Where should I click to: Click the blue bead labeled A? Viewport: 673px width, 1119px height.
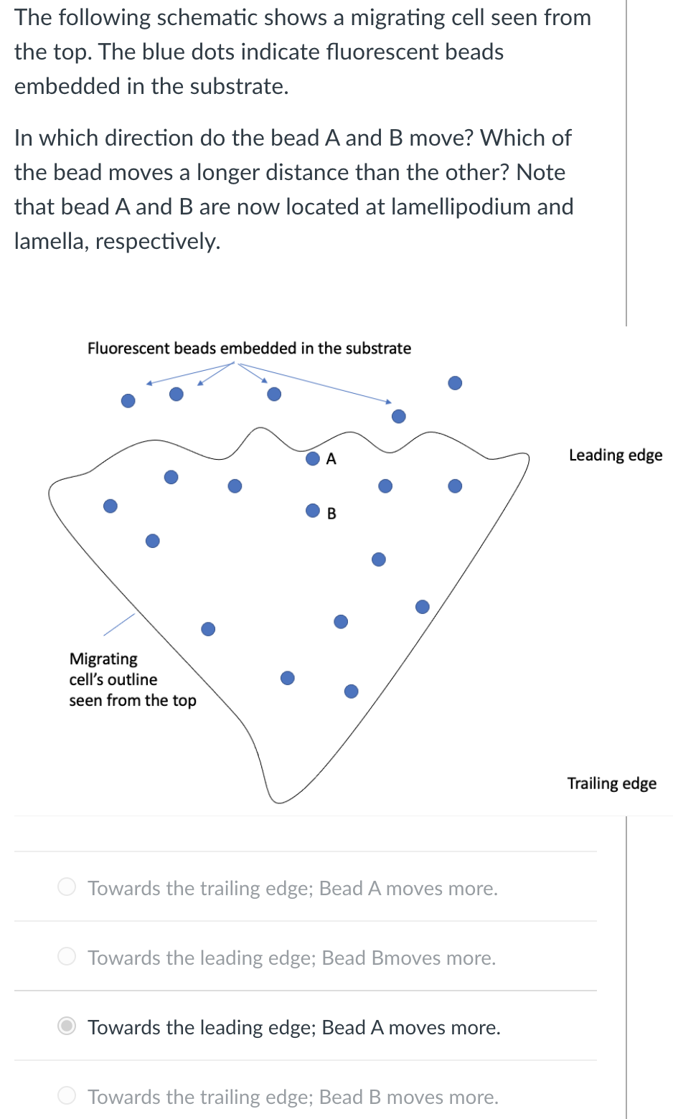click(x=313, y=458)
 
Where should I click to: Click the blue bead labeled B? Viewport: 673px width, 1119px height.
click(x=313, y=510)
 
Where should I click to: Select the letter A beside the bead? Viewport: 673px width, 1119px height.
click(x=331, y=459)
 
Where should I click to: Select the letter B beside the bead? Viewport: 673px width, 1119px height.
click(x=331, y=514)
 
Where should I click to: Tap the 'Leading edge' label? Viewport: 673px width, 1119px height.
click(x=615, y=455)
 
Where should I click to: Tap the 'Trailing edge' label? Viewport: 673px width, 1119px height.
click(x=611, y=783)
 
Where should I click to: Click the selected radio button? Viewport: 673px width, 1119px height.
click(x=67, y=1026)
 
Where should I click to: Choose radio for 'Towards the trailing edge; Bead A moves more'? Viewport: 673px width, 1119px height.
click(x=67, y=887)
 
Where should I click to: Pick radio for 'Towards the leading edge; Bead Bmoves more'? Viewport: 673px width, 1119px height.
click(x=67, y=957)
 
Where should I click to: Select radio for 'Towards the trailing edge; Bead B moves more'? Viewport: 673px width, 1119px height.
click(x=67, y=1096)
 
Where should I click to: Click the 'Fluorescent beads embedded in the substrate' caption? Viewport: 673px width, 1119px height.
click(x=249, y=349)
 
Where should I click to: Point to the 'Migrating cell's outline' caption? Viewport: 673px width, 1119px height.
click(x=132, y=679)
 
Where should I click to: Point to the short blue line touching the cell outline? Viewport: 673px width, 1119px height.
click(x=119, y=624)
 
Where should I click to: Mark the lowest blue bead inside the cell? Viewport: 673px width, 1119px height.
click(x=351, y=691)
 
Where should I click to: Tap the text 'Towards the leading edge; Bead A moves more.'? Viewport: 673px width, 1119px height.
click(x=293, y=1027)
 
